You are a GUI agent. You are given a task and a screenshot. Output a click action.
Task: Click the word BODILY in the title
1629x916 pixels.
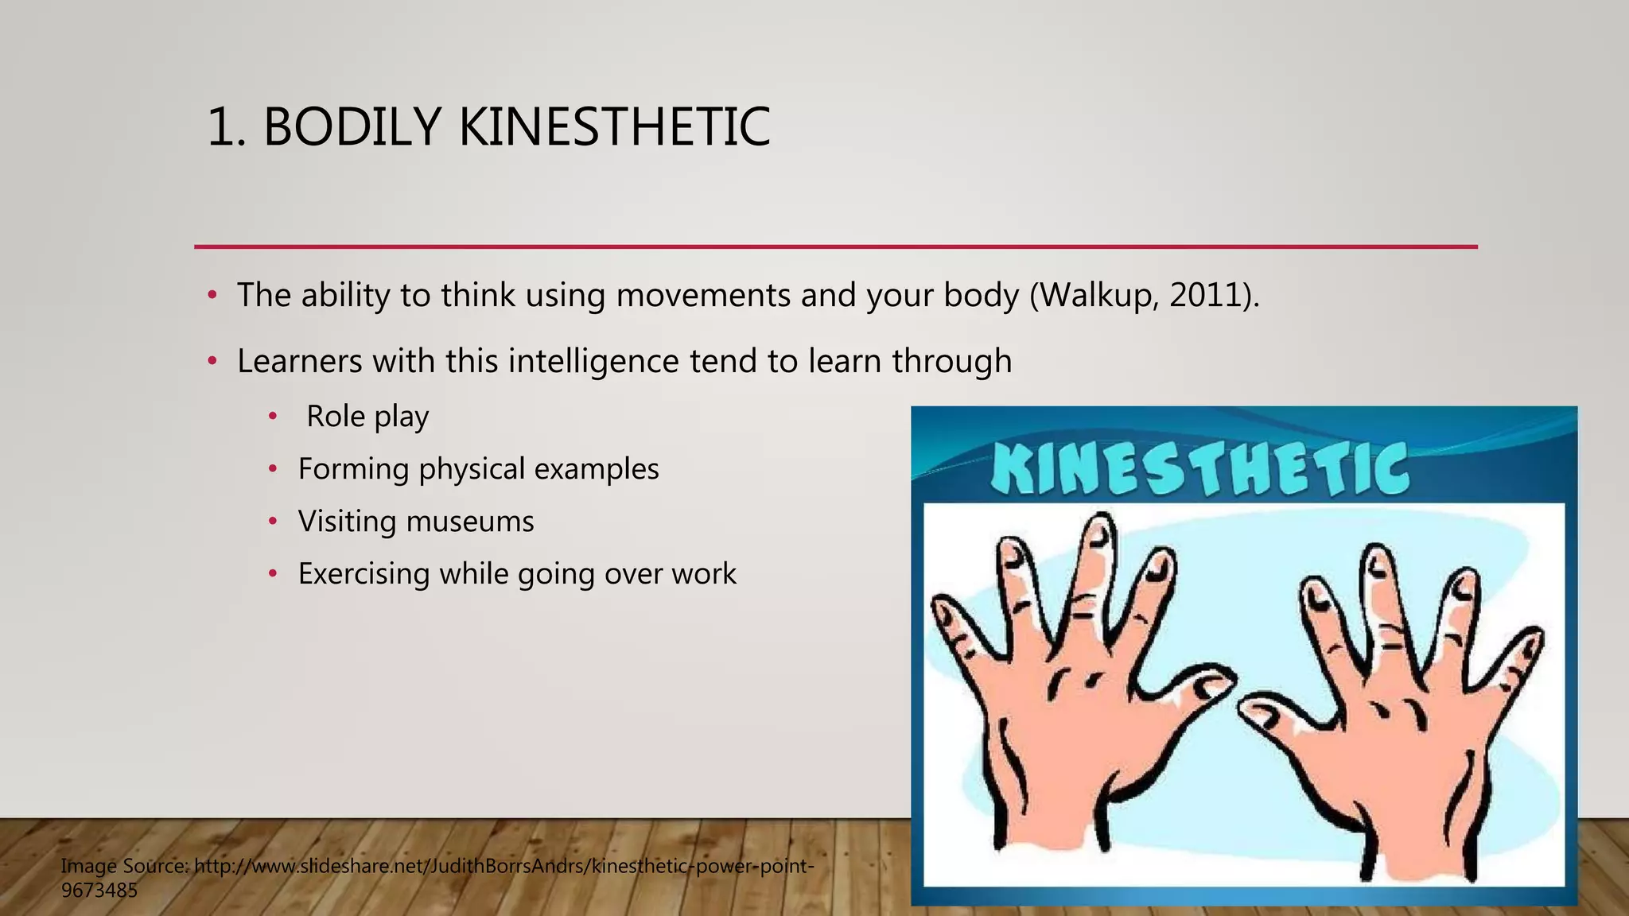point(351,127)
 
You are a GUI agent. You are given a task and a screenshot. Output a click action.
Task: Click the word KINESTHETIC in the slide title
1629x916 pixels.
point(614,127)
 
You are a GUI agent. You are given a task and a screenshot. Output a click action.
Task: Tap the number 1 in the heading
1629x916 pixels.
point(220,127)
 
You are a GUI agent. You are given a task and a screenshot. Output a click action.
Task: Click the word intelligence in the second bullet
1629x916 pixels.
point(593,362)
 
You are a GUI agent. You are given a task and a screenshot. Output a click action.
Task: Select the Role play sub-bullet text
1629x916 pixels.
point(367,417)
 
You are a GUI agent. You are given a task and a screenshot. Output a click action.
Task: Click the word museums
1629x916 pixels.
point(469,522)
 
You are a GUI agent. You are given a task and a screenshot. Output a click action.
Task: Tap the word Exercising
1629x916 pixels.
point(363,574)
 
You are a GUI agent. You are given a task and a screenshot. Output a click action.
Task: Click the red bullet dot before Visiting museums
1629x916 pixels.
point(273,522)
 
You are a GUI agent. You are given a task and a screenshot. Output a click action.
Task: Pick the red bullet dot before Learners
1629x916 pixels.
point(212,362)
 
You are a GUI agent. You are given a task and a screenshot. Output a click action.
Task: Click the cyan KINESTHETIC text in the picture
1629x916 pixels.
point(1199,469)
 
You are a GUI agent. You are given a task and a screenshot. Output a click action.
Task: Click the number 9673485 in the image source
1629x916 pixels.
point(99,891)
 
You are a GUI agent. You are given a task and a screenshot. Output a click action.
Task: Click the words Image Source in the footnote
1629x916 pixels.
point(122,866)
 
